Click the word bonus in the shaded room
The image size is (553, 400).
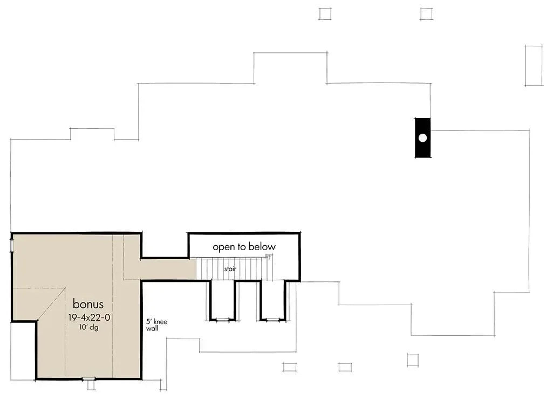pyautogui.click(x=88, y=304)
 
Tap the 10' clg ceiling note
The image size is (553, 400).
pyautogui.click(x=88, y=327)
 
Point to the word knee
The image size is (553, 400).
pyautogui.click(x=161, y=322)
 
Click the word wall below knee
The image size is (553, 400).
pyautogui.click(x=152, y=328)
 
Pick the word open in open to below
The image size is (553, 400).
pyautogui.click(x=223, y=247)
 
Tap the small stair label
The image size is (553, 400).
pyautogui.click(x=230, y=268)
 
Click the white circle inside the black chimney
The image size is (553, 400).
pyautogui.click(x=422, y=137)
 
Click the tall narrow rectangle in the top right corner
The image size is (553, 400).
pyautogui.click(x=533, y=65)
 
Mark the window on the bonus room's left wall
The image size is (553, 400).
pyautogui.click(x=11, y=246)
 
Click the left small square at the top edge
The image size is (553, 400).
pyautogui.click(x=325, y=13)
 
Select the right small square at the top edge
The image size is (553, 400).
pyautogui.click(x=427, y=13)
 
